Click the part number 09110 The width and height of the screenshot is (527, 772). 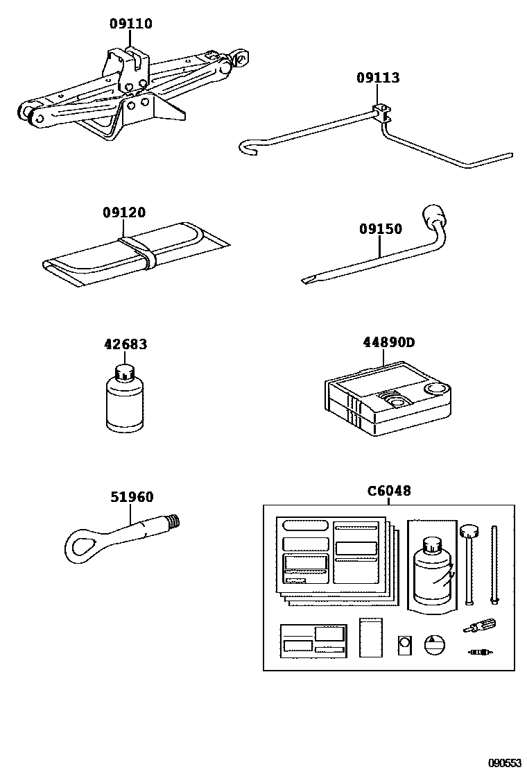[130, 24]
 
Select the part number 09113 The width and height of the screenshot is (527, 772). [378, 78]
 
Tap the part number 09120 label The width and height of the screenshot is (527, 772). [124, 212]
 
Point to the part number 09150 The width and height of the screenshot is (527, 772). [380, 229]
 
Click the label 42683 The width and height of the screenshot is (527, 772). [126, 344]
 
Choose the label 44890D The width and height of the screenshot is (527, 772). [388, 342]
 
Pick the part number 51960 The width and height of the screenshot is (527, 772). [132, 497]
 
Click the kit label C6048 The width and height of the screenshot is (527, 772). [388, 492]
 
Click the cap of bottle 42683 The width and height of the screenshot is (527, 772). [126, 373]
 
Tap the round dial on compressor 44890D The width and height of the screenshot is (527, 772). [436, 389]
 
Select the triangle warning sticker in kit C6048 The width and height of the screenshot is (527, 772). [433, 644]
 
